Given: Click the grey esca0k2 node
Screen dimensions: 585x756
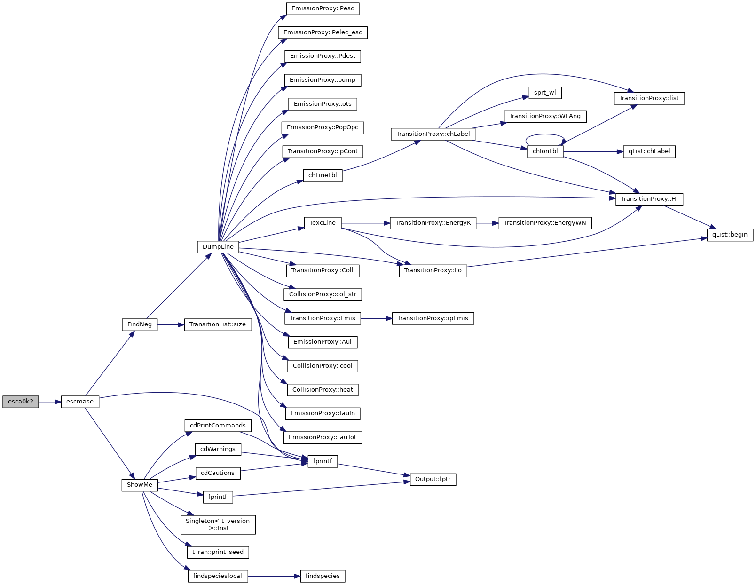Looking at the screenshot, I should pos(21,402).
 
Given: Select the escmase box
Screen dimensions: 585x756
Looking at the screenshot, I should pos(80,402).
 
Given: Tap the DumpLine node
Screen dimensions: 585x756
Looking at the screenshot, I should pos(218,247).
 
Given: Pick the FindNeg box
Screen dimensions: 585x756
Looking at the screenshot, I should pos(140,324).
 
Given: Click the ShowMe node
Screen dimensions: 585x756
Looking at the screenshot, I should pos(140,485).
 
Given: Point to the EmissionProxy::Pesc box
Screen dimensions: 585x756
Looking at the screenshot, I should pos(323,8).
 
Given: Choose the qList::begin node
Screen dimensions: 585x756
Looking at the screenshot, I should pos(730,235).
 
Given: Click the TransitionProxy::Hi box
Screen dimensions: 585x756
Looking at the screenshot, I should pos(649,199).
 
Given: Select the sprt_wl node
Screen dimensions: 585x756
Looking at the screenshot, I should pos(545,93).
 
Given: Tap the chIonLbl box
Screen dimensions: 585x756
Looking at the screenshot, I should pos(545,151).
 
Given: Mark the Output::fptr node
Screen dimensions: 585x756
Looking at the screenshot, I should pos(433,480).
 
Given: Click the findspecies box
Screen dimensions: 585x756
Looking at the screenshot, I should pos(323,576).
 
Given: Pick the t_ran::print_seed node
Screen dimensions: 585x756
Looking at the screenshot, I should pos(218,552).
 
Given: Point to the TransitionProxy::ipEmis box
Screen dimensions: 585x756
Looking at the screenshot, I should pos(433,318).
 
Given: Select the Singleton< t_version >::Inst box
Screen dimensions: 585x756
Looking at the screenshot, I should pos(218,524).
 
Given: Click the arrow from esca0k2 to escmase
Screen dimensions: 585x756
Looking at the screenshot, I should pos(50,402).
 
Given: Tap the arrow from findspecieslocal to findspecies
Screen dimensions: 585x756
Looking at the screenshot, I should pos(274,576).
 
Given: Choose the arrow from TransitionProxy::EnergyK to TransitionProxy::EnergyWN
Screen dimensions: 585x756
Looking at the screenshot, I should pos(487,223).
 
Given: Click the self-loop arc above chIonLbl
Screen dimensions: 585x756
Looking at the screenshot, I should pos(545,135).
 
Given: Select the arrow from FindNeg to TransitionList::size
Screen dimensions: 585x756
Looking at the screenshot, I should pos(171,324).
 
